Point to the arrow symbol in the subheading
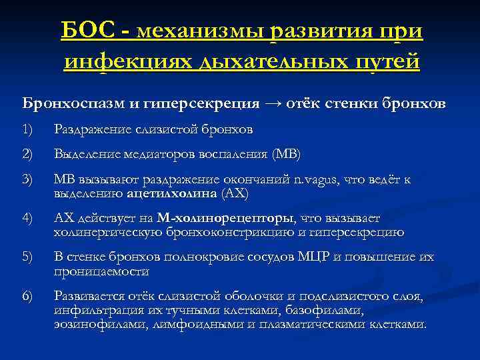pyautogui.click(x=274, y=104)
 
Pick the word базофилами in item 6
pyautogui.click(x=319, y=310)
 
